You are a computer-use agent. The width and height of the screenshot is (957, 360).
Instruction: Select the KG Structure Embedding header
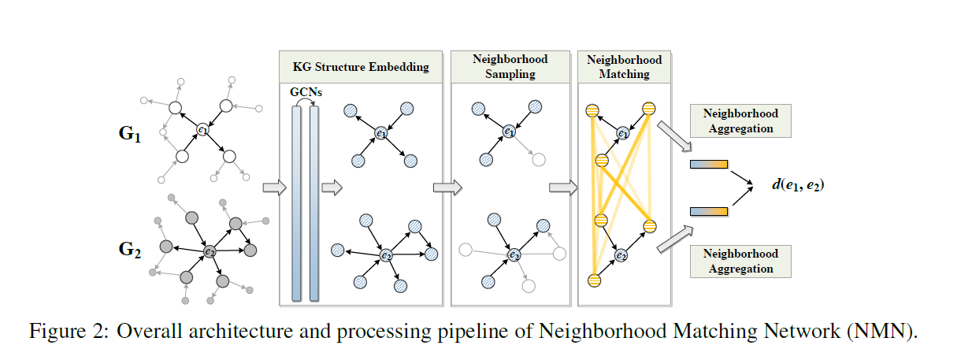click(362, 66)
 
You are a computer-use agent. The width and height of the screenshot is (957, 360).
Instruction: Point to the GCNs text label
click(304, 92)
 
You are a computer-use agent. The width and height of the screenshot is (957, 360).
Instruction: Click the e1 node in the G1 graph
click(203, 130)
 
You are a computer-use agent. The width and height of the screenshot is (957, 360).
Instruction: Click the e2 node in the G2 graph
click(209, 251)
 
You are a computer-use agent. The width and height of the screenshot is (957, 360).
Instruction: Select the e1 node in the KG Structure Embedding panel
click(381, 134)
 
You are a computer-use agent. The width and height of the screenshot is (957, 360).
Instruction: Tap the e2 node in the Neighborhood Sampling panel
click(514, 254)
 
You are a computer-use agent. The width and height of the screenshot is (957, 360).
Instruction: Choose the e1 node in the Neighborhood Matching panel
click(623, 133)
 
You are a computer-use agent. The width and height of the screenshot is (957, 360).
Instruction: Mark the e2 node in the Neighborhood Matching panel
click(621, 255)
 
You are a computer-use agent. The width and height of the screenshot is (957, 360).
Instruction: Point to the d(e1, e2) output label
click(797, 187)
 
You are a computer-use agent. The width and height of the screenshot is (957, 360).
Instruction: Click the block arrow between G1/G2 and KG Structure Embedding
click(272, 187)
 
